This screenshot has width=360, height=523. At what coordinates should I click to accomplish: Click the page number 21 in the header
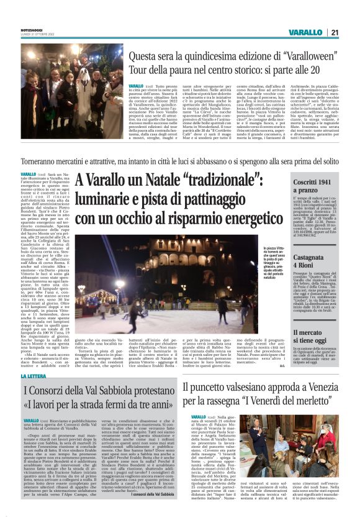click(334, 33)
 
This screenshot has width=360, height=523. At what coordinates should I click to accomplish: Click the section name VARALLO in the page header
click(305, 33)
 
